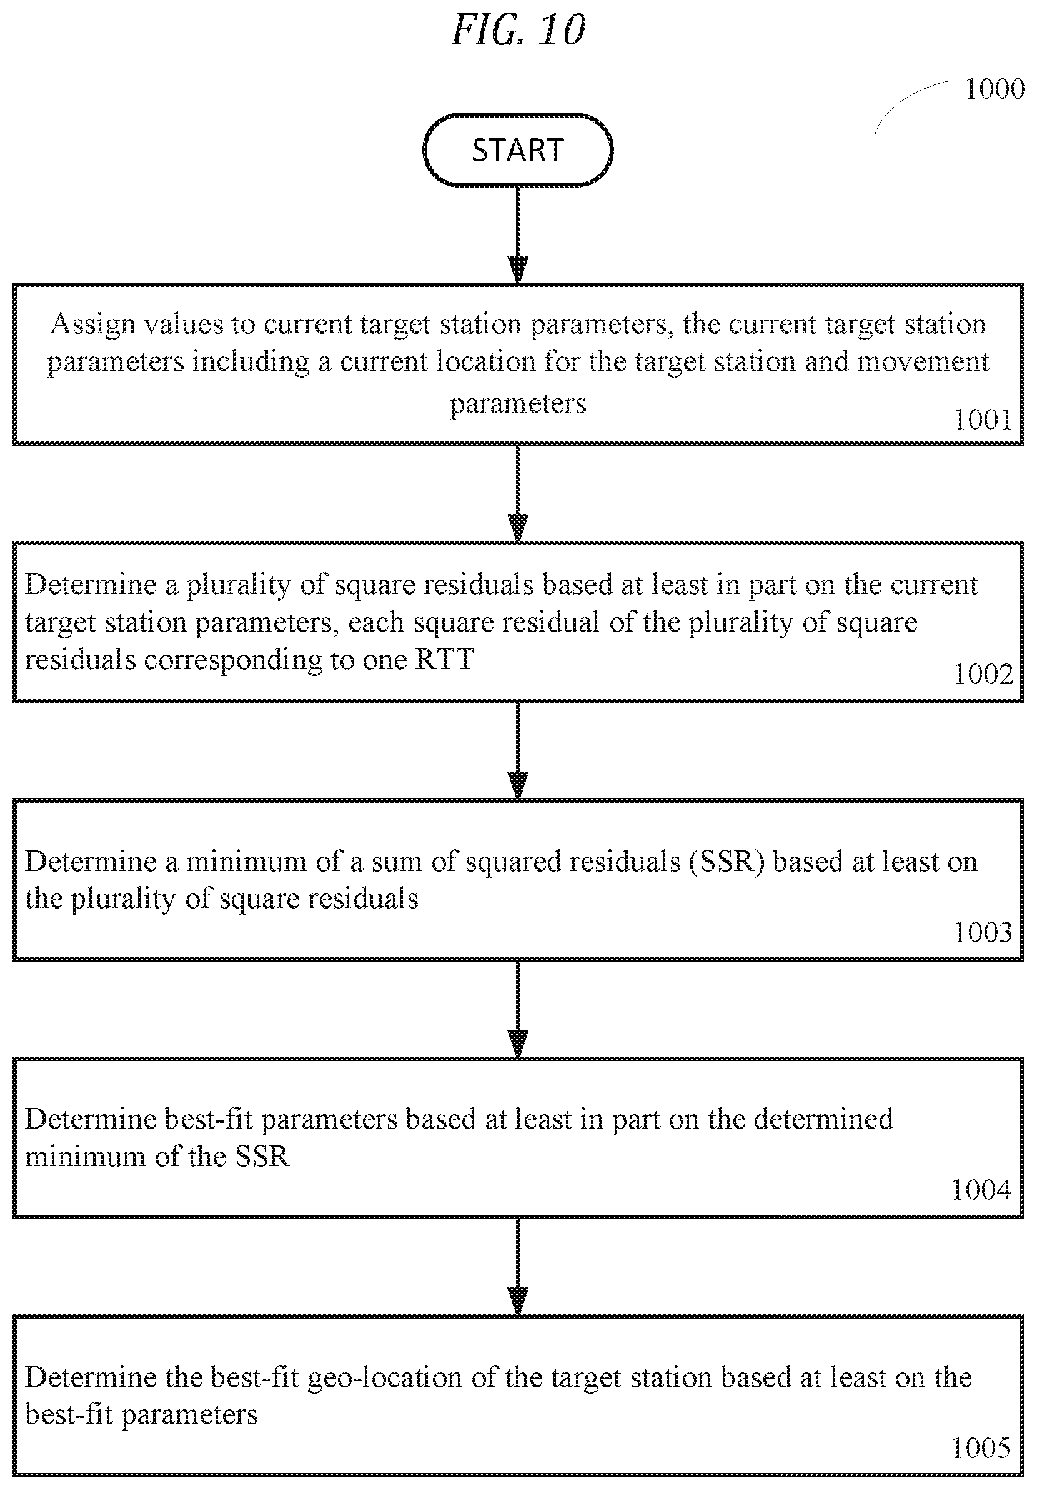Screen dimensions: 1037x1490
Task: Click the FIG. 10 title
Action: [x=518, y=30]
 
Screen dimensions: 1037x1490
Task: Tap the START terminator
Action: [x=517, y=150]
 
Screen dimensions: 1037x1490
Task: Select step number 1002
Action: [x=983, y=674]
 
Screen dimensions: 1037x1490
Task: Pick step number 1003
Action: [x=983, y=932]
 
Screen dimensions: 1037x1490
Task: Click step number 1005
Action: [x=981, y=1449]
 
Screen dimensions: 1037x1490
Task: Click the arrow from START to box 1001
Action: [x=517, y=235]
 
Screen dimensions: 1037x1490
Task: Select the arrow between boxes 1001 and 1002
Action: [x=517, y=493]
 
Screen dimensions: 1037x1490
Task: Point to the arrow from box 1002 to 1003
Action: [x=517, y=751]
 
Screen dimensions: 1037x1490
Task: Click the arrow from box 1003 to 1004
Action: [x=517, y=1009]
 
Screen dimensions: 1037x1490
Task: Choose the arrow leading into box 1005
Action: [x=517, y=1267]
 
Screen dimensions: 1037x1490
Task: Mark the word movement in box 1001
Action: [x=923, y=362]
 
